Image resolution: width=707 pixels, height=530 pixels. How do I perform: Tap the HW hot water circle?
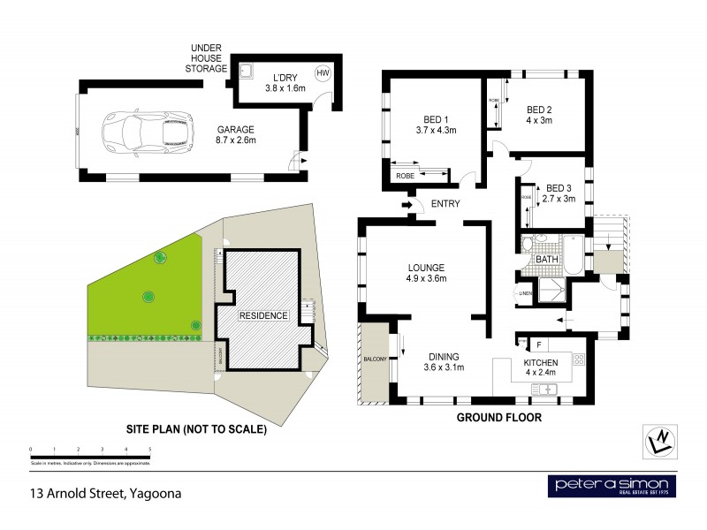click(323, 73)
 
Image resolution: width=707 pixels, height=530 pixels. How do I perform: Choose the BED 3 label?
click(560, 193)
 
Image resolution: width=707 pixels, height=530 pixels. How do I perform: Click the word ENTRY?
click(443, 205)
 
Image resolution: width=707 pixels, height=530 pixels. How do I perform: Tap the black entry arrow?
click(408, 206)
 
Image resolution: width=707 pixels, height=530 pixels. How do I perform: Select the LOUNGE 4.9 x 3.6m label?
click(426, 273)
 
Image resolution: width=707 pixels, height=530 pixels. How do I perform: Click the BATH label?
click(545, 260)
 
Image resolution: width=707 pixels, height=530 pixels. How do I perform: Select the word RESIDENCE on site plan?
click(262, 315)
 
